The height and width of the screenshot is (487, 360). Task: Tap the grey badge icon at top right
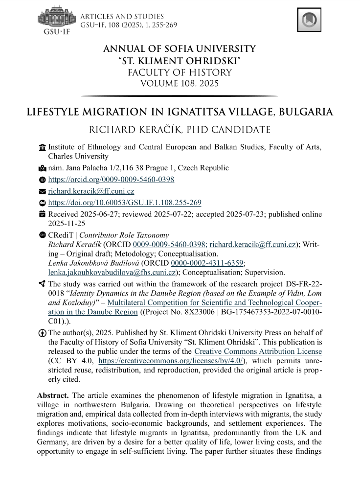[x=309, y=20]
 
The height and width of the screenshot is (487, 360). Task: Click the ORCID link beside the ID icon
[x=111, y=180]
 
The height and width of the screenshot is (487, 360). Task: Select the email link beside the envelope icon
[x=91, y=191]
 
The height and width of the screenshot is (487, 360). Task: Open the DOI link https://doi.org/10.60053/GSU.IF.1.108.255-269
[x=124, y=203]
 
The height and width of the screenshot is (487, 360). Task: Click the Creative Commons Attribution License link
[x=258, y=351]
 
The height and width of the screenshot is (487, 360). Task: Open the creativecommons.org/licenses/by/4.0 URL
[x=171, y=361]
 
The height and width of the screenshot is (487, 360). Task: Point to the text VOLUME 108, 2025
[x=180, y=83]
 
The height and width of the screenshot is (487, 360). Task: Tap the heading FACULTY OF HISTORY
[x=180, y=72]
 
